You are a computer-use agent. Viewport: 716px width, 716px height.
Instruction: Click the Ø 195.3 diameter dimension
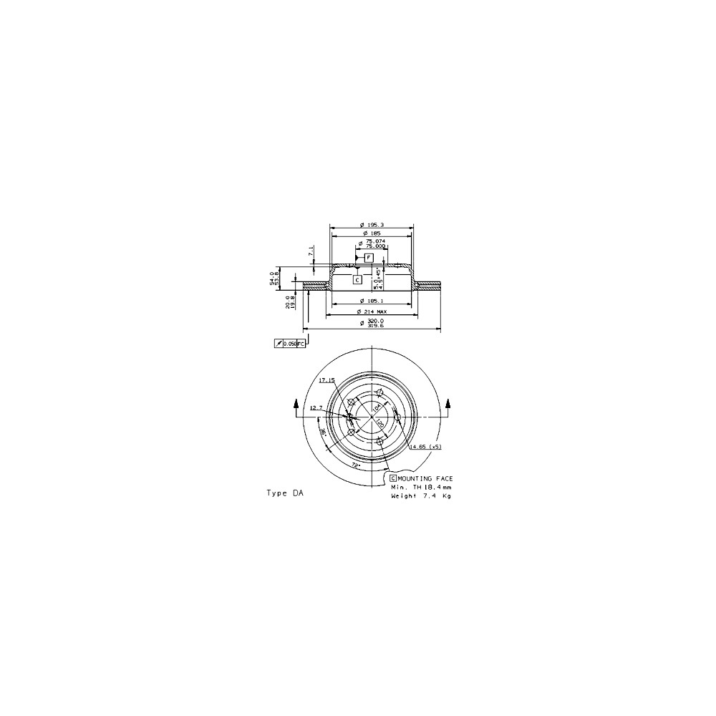pyautogui.click(x=372, y=225)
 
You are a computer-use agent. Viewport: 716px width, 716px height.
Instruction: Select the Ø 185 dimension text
pyautogui.click(x=371, y=234)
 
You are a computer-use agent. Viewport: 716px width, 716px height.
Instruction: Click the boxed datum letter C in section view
pyautogui.click(x=357, y=280)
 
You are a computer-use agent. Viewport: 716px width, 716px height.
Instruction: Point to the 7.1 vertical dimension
pyautogui.click(x=310, y=252)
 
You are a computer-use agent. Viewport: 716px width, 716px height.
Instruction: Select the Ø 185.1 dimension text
pyautogui.click(x=372, y=301)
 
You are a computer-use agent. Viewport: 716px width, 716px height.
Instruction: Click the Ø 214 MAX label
pyautogui.click(x=372, y=312)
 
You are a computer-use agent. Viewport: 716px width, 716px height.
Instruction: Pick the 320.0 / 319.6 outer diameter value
pyautogui.click(x=372, y=324)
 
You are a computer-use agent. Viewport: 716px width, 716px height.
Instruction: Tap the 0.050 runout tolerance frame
pyautogui.click(x=290, y=344)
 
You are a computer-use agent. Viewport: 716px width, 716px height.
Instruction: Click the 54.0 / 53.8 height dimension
pyautogui.click(x=272, y=278)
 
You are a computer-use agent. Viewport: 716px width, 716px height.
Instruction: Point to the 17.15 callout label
pyautogui.click(x=326, y=379)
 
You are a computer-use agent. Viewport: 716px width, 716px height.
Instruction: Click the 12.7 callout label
pyautogui.click(x=316, y=407)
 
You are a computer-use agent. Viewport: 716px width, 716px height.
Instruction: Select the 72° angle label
pyautogui.click(x=355, y=465)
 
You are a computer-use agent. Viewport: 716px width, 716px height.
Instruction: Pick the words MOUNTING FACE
pyautogui.click(x=425, y=477)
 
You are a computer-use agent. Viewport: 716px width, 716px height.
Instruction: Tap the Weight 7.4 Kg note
pyautogui.click(x=421, y=495)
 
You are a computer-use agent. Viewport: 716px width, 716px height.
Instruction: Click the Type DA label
pyautogui.click(x=285, y=493)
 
